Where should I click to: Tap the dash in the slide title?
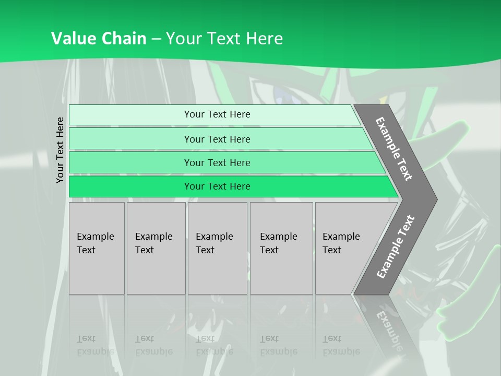click(156, 39)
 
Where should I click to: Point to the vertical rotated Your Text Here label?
click(60, 150)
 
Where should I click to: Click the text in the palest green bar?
click(217, 114)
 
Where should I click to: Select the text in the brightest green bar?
click(217, 186)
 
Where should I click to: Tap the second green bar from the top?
click(217, 139)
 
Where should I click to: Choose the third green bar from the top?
click(217, 163)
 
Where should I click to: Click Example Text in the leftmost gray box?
click(95, 243)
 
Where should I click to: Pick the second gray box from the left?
click(156, 248)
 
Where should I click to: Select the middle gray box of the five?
click(217, 248)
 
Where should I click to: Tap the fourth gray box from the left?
click(281, 248)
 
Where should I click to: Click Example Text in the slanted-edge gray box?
click(341, 243)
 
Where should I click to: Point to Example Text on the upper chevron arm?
click(394, 149)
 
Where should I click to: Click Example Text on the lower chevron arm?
click(396, 246)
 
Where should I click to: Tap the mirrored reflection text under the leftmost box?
click(95, 345)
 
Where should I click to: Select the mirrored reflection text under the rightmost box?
click(341, 345)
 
